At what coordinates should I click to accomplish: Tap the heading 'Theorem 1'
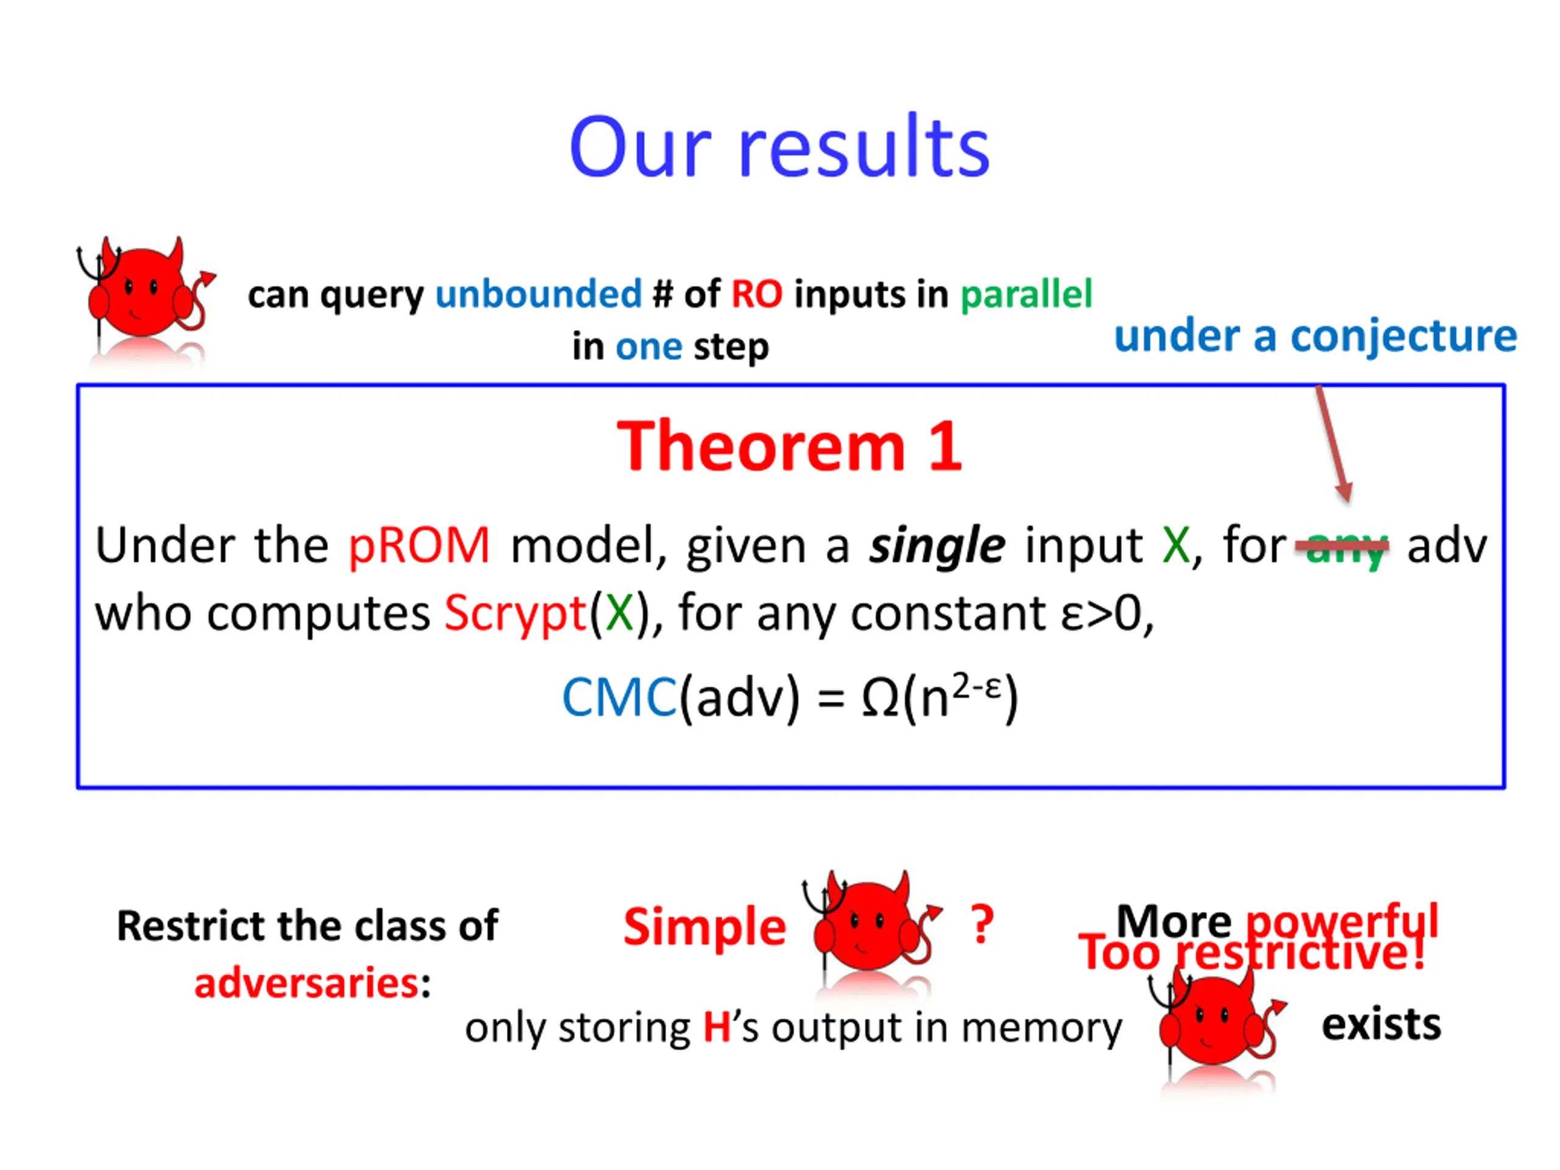(789, 447)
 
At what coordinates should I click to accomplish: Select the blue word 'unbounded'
(538, 294)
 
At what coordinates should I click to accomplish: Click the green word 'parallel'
(1026, 294)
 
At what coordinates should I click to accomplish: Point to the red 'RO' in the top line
(757, 294)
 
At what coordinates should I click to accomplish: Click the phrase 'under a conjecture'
(1315, 336)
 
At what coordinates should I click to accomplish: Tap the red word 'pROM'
(419, 545)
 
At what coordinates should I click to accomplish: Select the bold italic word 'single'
(937, 547)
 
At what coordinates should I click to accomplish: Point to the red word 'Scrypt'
(516, 612)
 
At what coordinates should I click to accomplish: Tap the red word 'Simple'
(704, 927)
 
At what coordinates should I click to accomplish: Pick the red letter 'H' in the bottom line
(717, 1027)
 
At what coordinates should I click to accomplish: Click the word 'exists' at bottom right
(1381, 1025)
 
